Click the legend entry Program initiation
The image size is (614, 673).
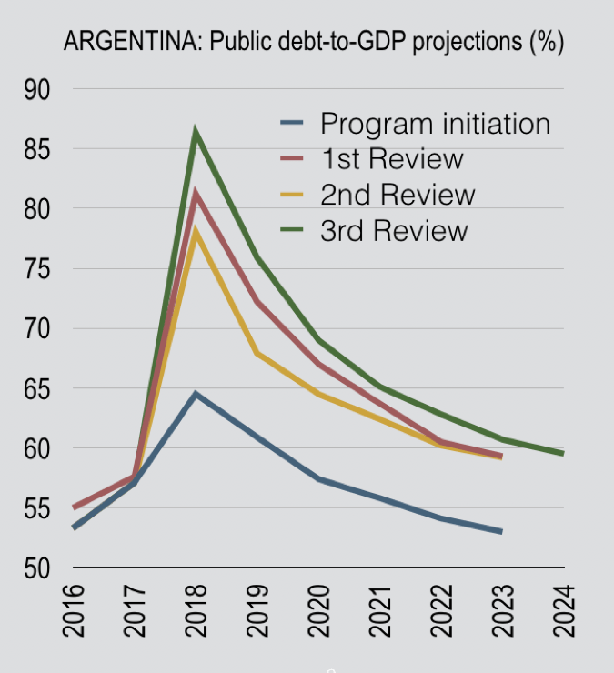(435, 123)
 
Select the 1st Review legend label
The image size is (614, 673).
(391, 159)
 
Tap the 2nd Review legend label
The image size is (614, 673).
(397, 195)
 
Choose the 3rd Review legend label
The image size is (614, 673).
(393, 230)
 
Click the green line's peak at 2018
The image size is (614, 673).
(196, 133)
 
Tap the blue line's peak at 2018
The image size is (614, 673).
(196, 394)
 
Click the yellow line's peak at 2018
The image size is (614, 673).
(196, 232)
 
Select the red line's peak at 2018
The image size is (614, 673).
(196, 193)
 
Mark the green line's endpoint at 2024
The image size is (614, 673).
(563, 453)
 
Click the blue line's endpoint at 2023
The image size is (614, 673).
(501, 531)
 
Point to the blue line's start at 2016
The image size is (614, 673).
(74, 527)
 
